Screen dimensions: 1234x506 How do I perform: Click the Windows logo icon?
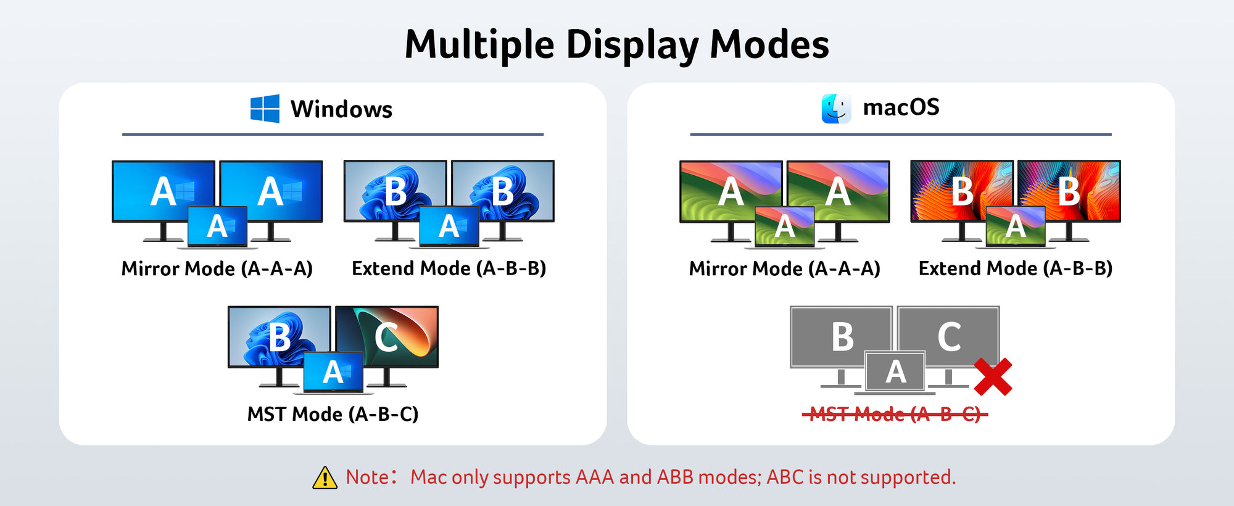tap(265, 109)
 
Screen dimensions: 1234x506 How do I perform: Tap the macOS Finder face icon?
tap(836, 109)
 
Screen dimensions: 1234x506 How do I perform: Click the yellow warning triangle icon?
tap(325, 478)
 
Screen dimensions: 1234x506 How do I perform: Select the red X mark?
tap(993, 376)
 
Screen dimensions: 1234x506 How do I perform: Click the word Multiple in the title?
tap(479, 46)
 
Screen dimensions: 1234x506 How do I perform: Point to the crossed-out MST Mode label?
tap(895, 414)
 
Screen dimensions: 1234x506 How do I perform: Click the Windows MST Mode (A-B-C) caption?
tap(333, 414)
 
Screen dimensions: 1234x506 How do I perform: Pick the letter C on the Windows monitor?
tap(386, 338)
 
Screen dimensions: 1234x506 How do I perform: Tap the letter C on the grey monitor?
tap(949, 337)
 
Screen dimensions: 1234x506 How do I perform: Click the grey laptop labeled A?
tap(895, 373)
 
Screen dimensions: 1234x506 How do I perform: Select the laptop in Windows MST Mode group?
tap(333, 373)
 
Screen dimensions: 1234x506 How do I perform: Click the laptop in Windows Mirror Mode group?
tap(217, 227)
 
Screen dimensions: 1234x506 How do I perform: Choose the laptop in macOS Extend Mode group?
tap(1016, 227)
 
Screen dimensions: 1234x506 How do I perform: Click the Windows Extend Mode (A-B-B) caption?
tap(449, 268)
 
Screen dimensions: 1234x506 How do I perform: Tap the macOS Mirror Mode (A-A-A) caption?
tap(785, 268)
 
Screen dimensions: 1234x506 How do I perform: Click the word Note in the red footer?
tap(367, 477)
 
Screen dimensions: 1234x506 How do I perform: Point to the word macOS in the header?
tap(901, 107)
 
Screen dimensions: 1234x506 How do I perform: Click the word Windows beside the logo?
tap(341, 109)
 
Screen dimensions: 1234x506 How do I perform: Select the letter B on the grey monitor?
tap(842, 337)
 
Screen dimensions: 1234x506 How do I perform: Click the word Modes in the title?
tap(769, 46)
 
